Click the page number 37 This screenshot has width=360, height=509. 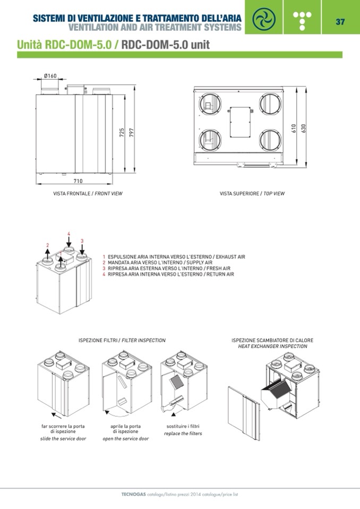(340, 22)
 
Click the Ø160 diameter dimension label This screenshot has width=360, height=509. (50, 76)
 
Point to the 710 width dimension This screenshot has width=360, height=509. (78, 182)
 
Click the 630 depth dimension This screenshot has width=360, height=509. (304, 128)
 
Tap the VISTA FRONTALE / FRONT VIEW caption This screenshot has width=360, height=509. (88, 194)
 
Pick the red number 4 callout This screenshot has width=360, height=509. (68, 234)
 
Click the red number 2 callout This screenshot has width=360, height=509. (47, 245)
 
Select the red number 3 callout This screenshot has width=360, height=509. (82, 241)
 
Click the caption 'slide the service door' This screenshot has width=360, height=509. (63, 439)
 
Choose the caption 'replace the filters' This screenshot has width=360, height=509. (183, 434)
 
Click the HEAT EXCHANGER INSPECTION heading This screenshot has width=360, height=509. (272, 346)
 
